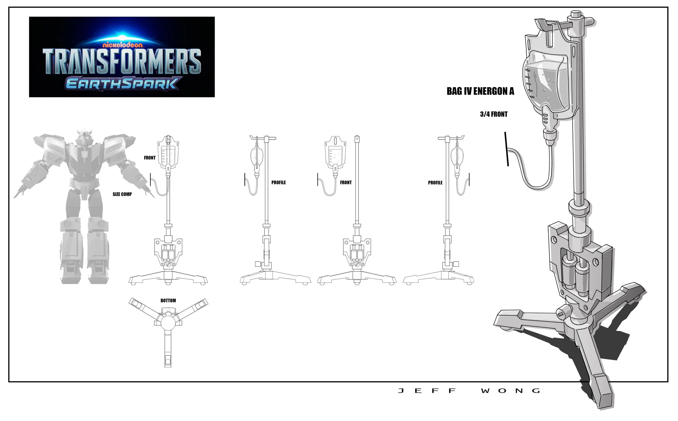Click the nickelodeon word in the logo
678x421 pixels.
tap(123, 45)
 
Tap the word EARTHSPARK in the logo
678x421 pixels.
tap(121, 83)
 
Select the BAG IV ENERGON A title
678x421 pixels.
tap(480, 91)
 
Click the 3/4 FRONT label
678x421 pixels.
tap(494, 114)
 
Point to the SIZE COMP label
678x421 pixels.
tap(122, 194)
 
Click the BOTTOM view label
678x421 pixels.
tap(168, 300)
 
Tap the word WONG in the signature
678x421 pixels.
tap(510, 391)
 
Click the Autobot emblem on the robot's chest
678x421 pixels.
tap(84, 154)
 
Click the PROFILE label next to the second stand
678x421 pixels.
tap(279, 182)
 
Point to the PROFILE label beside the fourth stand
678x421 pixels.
tap(435, 183)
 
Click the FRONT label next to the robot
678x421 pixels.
tap(150, 158)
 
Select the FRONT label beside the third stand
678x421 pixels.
tap(346, 182)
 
